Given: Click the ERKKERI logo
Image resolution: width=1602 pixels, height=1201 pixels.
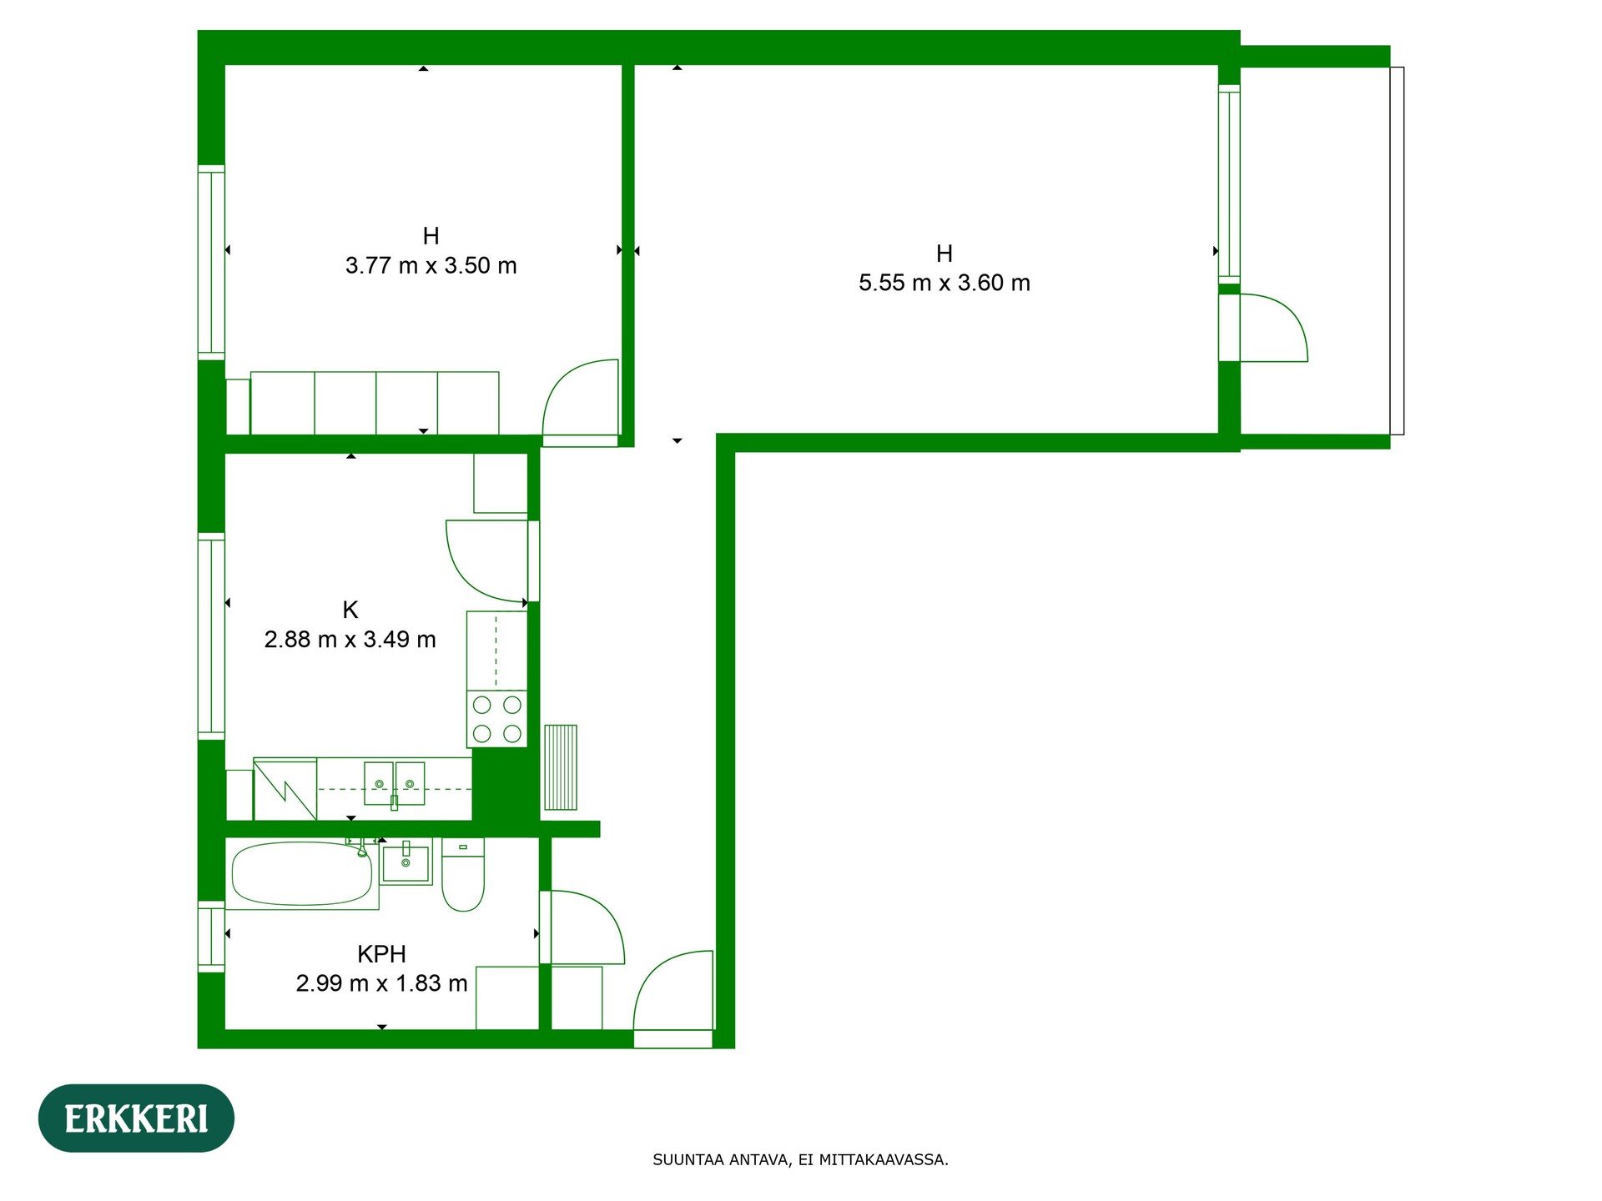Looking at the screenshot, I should click(x=136, y=1118).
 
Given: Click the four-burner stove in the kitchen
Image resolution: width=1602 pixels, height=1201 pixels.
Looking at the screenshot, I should click(x=496, y=718).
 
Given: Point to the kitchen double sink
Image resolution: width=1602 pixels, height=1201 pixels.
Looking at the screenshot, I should click(x=394, y=784).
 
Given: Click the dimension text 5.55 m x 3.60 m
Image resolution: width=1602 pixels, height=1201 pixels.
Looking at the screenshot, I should click(x=944, y=284).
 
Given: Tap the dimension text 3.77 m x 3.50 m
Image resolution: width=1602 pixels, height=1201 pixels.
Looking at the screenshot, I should click(x=431, y=266).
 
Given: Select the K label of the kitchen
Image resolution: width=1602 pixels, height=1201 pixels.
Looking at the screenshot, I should click(x=350, y=610).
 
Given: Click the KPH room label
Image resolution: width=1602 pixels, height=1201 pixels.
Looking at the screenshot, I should click(x=381, y=953).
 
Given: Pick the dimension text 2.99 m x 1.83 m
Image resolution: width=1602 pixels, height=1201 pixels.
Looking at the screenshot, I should click(x=381, y=983).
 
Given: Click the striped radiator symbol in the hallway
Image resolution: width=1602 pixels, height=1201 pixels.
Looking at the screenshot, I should click(x=560, y=767).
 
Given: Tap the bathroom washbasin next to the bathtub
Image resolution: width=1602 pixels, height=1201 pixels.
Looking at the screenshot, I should click(x=406, y=862).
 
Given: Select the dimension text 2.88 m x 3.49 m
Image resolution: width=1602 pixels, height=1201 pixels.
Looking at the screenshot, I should click(x=350, y=640).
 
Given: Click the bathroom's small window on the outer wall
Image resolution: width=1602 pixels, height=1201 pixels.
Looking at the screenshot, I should click(x=211, y=936).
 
